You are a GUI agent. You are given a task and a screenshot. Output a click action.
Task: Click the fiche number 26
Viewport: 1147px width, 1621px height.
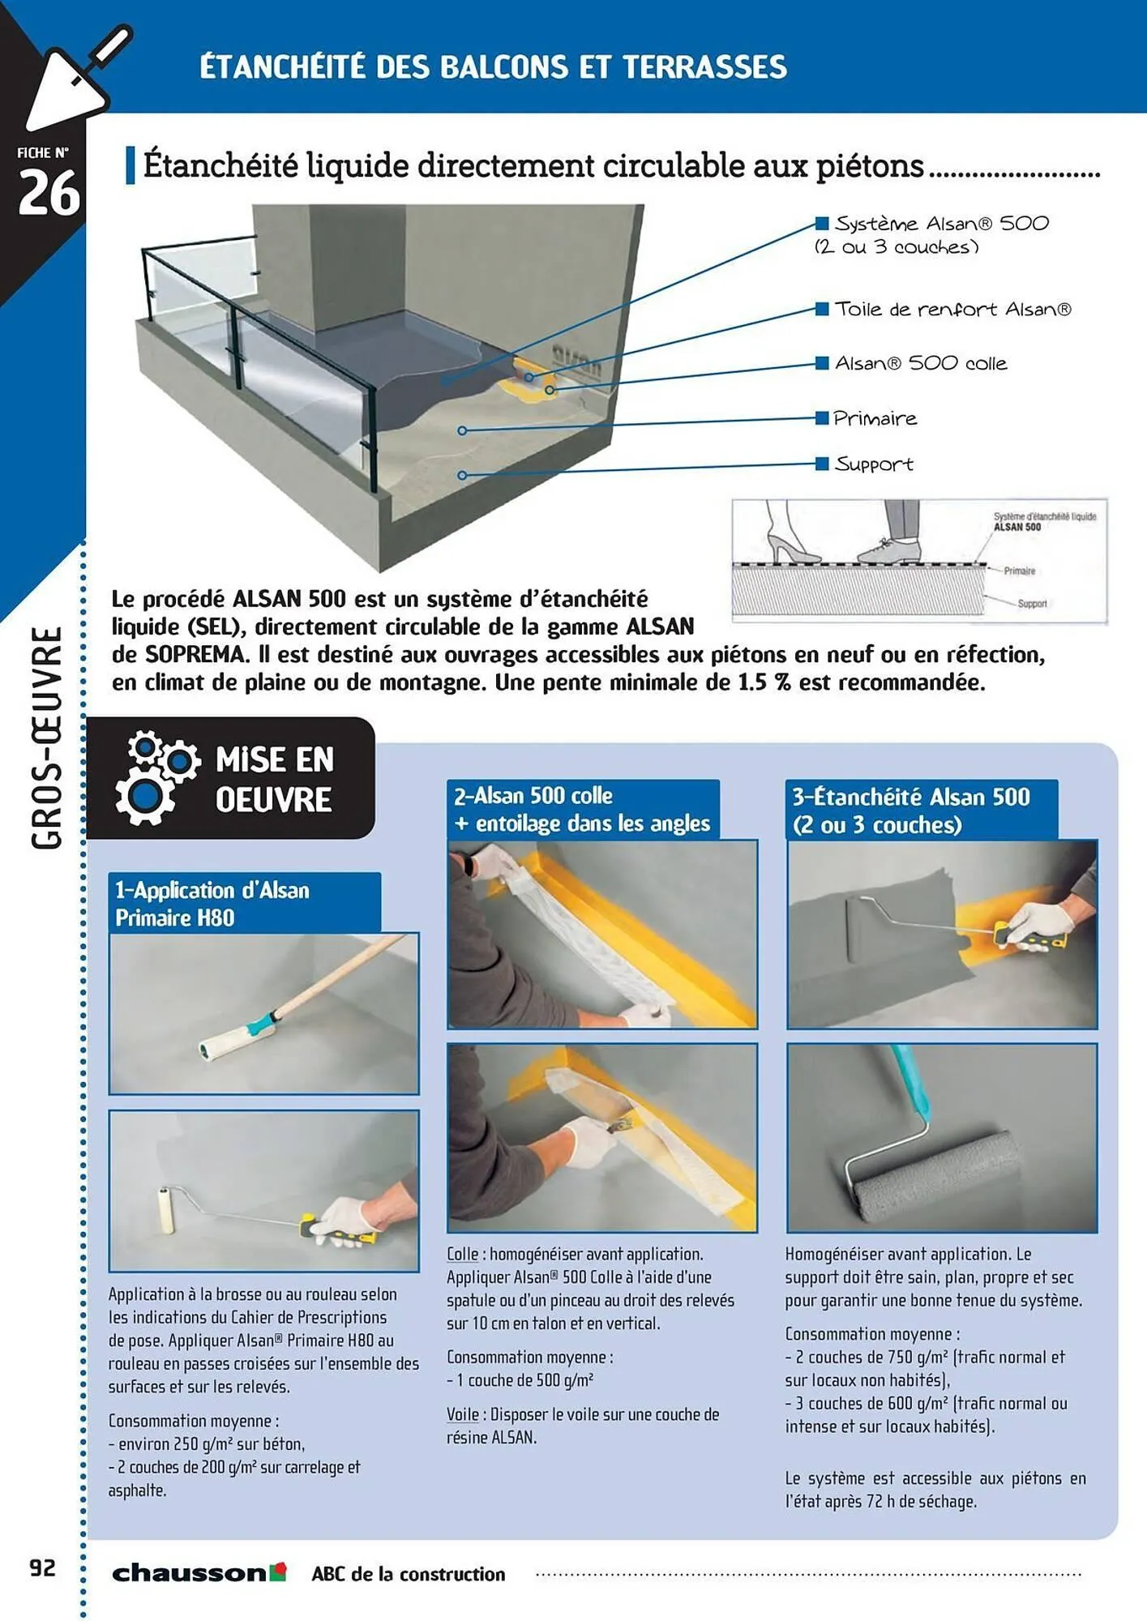pyautogui.click(x=49, y=194)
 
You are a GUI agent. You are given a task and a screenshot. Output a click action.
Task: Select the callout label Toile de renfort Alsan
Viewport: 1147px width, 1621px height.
pyautogui.click(x=952, y=310)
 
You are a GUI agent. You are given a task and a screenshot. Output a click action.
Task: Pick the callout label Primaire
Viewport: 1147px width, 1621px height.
pyautogui.click(x=875, y=419)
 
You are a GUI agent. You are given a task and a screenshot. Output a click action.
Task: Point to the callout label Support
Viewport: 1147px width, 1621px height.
pyautogui.click(x=874, y=464)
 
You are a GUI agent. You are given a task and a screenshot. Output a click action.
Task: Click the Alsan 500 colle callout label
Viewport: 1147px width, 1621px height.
pyautogui.click(x=921, y=364)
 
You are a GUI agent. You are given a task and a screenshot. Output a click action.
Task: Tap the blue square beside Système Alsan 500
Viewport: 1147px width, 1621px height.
pyautogui.click(x=822, y=224)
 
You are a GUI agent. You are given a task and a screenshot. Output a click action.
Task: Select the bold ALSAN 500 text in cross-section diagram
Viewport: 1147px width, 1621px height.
pyautogui.click(x=1017, y=528)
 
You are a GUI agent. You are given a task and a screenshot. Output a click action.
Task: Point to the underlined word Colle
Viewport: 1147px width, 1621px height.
pyautogui.click(x=462, y=1254)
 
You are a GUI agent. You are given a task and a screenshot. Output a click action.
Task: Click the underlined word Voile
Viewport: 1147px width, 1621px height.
pyautogui.click(x=462, y=1414)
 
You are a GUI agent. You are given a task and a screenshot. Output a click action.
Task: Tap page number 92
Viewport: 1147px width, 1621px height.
pyautogui.click(x=43, y=1568)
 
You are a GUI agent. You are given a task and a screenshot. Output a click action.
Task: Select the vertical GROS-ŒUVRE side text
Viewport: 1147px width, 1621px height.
pyautogui.click(x=47, y=737)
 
